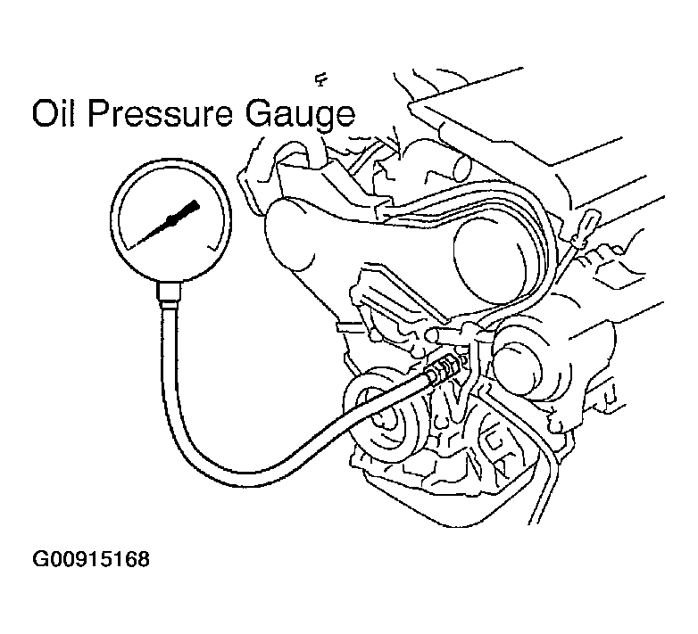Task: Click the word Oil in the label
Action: tap(53, 114)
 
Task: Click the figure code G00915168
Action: tap(91, 559)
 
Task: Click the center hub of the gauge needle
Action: tap(171, 219)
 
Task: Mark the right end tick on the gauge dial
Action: tap(213, 245)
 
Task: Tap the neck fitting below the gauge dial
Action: tap(170, 294)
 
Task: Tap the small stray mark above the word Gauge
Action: tap(320, 80)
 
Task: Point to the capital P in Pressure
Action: tap(97, 113)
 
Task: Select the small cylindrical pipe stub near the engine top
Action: tap(455, 168)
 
